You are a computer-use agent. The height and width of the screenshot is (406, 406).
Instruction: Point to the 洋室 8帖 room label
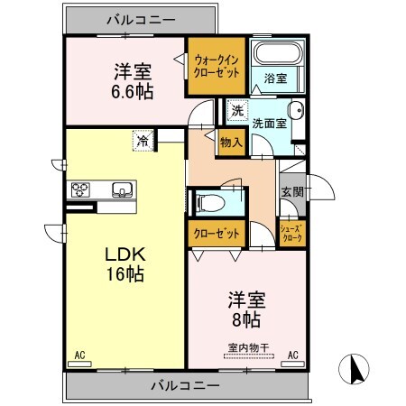pos(244,309)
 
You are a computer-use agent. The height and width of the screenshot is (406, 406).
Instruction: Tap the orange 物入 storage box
pos(230,142)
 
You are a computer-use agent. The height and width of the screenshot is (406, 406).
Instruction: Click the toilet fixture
pos(208,201)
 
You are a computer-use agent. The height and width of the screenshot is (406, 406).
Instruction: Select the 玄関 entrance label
pos(291,193)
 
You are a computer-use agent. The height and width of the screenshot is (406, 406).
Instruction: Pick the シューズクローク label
pos(291,234)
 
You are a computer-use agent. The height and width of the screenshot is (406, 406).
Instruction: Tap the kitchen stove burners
pos(81,189)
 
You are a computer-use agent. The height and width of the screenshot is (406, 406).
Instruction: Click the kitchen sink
pos(121,189)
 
